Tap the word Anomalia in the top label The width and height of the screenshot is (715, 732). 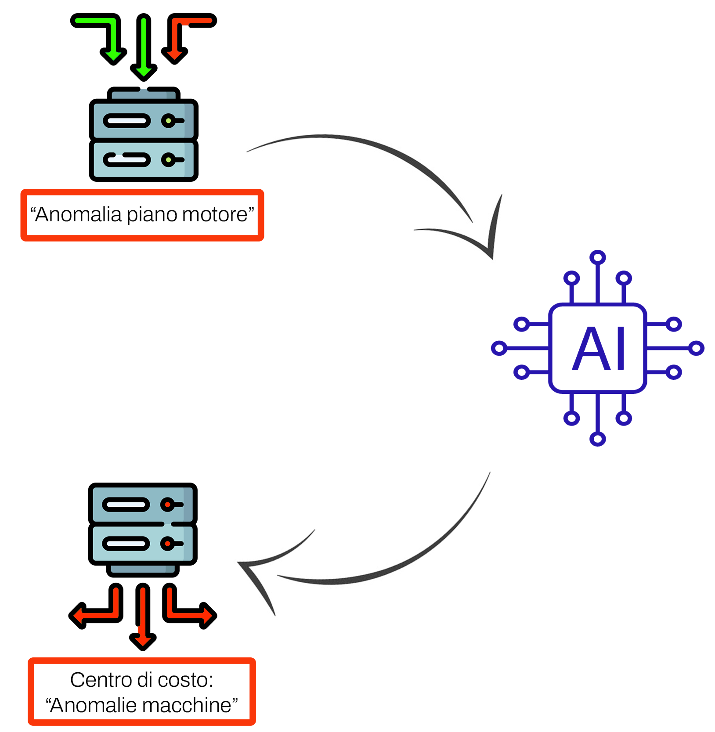pos(78,215)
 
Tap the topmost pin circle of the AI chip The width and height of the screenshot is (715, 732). pos(598,257)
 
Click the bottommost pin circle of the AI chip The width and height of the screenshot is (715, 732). pos(598,439)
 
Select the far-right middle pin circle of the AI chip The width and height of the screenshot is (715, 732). pos(696,348)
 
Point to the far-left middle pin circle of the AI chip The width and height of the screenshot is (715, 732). pos(499,348)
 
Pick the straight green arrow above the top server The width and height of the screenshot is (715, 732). pos(144,48)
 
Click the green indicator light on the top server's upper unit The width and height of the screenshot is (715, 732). pos(168,121)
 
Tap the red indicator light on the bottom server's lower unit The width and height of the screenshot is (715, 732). pos(167,544)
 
